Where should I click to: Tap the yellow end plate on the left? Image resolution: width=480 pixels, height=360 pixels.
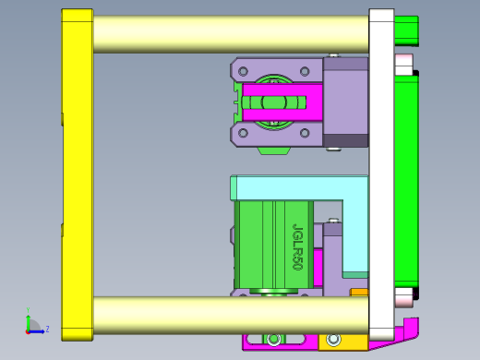(x=77, y=175)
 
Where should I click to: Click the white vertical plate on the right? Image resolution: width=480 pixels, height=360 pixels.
(x=381, y=175)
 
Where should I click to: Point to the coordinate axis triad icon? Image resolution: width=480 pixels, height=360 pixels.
(x=33, y=325)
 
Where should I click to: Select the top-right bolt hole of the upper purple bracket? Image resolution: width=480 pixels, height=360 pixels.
(x=306, y=70)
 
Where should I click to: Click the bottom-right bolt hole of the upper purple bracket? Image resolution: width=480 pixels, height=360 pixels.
(x=306, y=133)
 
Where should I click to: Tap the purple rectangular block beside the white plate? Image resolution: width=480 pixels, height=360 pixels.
(x=346, y=102)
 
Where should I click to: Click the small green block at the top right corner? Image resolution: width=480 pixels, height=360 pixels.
(x=406, y=30)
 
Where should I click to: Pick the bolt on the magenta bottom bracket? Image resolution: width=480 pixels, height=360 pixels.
(x=274, y=339)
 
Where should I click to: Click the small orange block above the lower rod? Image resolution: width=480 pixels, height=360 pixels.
(x=359, y=294)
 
